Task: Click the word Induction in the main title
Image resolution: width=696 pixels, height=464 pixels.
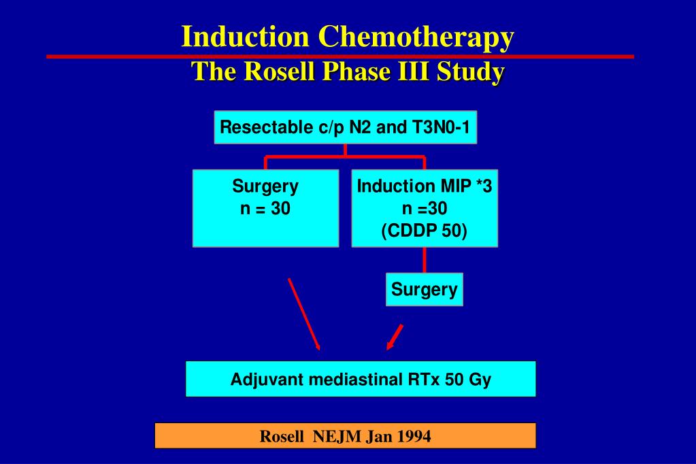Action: (x=246, y=37)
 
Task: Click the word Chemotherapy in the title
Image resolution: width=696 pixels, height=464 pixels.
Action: (x=417, y=37)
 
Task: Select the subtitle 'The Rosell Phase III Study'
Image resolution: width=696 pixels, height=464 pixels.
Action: (x=347, y=72)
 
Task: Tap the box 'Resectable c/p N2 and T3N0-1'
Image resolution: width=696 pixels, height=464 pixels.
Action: (x=345, y=127)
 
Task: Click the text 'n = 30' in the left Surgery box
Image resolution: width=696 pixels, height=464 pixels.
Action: (x=265, y=209)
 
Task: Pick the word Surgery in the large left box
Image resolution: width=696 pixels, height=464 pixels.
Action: (x=265, y=186)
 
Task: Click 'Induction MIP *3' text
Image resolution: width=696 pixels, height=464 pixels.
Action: (x=425, y=186)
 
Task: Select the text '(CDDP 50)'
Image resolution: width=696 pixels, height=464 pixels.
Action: (x=425, y=231)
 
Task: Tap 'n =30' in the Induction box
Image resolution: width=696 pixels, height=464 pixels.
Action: (x=425, y=209)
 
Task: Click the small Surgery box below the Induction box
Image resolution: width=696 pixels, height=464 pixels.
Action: (x=425, y=289)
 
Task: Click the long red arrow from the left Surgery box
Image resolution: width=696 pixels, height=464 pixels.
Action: (x=304, y=313)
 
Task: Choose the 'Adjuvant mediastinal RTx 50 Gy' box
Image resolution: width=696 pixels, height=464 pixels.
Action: (x=361, y=379)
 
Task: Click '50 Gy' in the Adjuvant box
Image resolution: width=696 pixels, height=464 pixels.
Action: (x=467, y=379)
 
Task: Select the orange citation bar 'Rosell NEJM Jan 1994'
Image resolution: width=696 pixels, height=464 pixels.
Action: (x=345, y=436)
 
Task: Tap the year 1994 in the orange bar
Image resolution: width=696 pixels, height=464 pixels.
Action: (x=414, y=436)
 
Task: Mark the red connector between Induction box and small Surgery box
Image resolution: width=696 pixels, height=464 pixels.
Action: (x=425, y=260)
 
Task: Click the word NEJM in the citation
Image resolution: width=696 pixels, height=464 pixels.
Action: (x=337, y=436)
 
